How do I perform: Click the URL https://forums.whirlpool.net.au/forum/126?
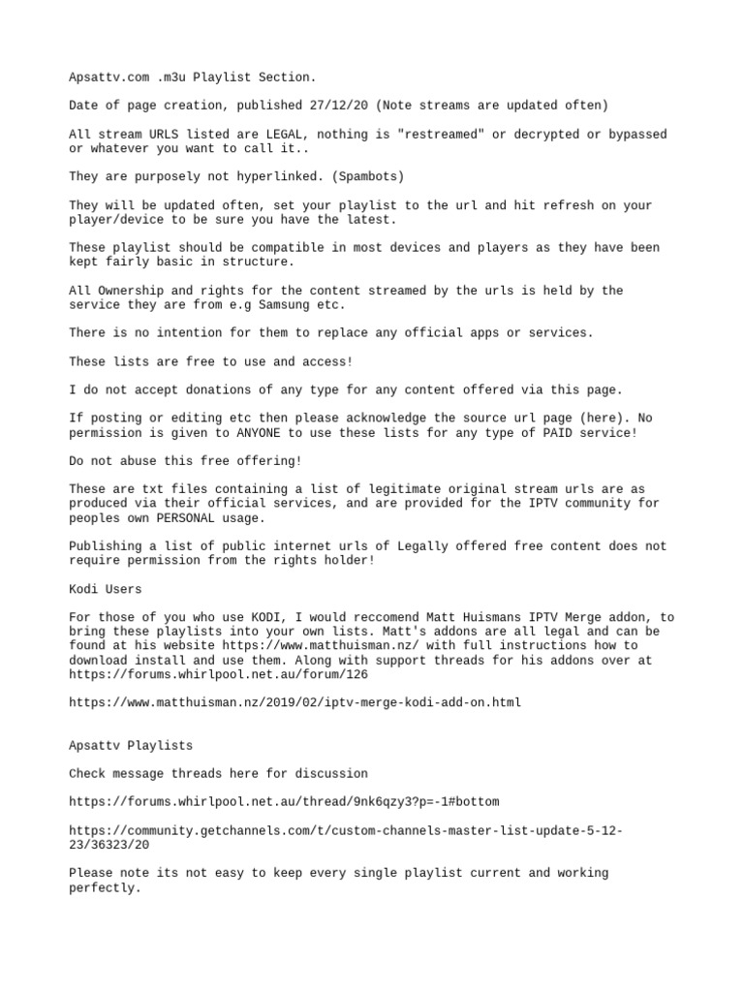pos(218,673)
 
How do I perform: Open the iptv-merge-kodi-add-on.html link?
pos(294,701)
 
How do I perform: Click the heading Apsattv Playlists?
pos(131,746)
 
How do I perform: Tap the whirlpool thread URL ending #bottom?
pos(284,802)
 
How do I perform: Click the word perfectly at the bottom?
pos(105,887)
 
